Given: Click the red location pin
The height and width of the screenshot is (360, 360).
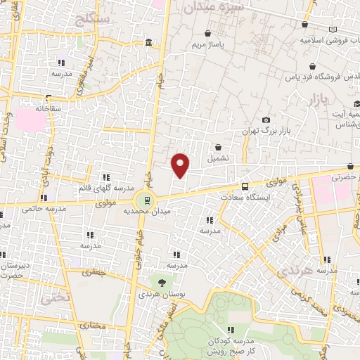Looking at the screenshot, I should click(x=181, y=165).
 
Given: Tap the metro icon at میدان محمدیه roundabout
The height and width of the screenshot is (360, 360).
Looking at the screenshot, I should click(x=146, y=198).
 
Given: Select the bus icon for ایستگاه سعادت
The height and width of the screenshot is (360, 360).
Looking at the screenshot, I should click(x=245, y=186).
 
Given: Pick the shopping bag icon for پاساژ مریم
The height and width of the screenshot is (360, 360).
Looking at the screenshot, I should click(x=207, y=33).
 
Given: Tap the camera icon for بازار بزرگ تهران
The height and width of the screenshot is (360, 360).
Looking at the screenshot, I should click(x=265, y=120).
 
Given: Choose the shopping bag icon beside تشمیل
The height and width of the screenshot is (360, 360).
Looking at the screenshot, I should click(x=219, y=148).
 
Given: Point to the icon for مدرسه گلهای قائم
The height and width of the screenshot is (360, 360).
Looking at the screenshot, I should click(x=105, y=177).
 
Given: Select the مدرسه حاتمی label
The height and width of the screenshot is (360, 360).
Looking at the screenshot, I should click(x=42, y=208).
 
